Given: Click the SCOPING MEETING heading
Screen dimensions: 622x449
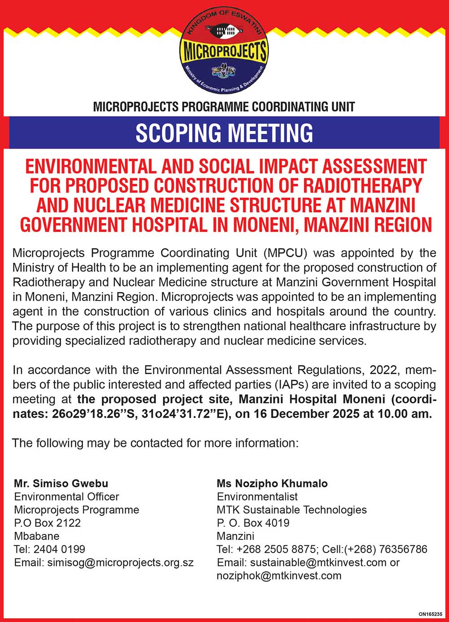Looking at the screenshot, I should [224, 133].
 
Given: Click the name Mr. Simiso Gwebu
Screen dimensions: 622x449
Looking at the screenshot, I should [61, 484].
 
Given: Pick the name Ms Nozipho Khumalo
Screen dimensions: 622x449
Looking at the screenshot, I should [272, 484].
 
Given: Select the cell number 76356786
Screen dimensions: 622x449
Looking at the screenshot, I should [403, 549].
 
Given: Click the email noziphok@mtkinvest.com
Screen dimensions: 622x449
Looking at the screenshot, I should [279, 575].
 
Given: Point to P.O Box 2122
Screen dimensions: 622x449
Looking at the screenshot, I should [48, 523].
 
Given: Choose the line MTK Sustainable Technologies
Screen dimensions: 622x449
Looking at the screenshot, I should [292, 510].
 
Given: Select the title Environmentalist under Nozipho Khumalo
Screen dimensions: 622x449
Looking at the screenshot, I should [257, 497].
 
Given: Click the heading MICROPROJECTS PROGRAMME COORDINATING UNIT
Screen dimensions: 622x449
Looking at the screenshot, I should [224, 107].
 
